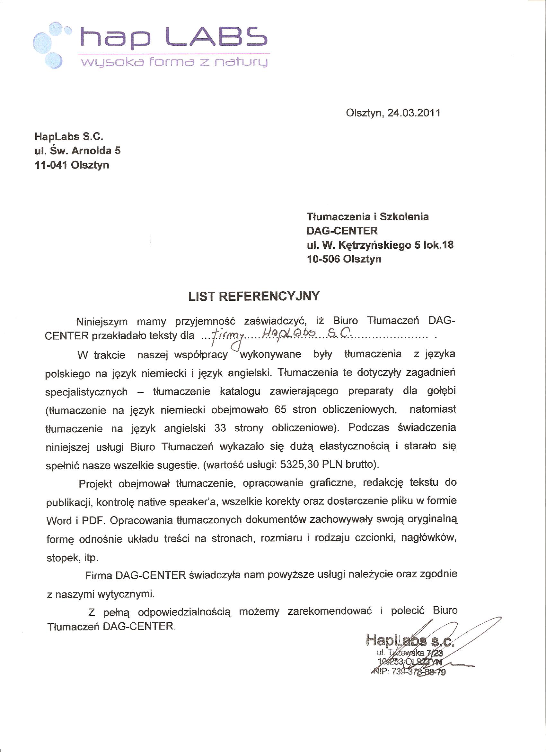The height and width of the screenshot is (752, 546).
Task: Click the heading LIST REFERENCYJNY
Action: tap(254, 296)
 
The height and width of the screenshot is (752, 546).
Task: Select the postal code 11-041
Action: tap(51, 165)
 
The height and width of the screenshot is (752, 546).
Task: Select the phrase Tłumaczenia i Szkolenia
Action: tap(367, 216)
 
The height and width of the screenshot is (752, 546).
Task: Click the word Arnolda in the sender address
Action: tap(91, 151)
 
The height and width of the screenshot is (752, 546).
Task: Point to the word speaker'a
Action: tap(193, 502)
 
